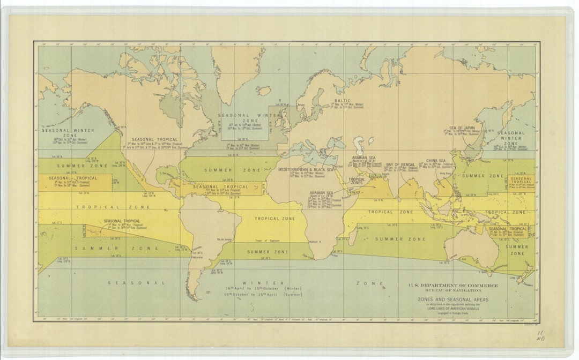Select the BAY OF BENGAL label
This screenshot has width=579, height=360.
point(400,164)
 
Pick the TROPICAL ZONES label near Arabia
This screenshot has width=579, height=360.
point(357,182)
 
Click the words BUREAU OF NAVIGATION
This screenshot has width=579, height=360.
point(454,290)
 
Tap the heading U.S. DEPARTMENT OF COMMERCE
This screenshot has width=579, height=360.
point(454,286)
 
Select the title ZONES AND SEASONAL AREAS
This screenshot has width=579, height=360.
point(454,300)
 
